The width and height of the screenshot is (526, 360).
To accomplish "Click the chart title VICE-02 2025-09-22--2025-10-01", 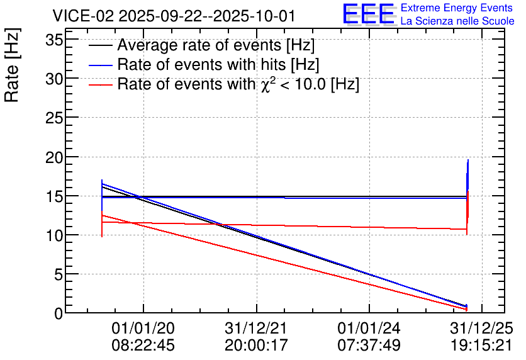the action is (x=174, y=16).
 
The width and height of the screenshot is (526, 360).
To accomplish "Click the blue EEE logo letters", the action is (x=369, y=14).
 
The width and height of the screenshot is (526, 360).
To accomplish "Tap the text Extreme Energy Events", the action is (x=457, y=8).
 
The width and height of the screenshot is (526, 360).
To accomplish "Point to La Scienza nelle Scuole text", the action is (x=457, y=21).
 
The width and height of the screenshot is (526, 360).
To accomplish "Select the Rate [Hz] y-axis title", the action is (x=13, y=65).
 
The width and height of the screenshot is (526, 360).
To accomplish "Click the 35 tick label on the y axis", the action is (x=54, y=41).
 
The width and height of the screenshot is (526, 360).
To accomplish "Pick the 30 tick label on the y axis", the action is (x=54, y=79).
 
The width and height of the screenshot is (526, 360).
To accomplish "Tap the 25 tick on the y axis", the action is (x=54, y=118).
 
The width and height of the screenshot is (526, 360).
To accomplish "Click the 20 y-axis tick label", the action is (x=54, y=157).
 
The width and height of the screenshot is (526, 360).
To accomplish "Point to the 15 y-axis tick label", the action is (x=54, y=196).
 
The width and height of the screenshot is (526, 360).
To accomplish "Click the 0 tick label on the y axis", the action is (x=59, y=313).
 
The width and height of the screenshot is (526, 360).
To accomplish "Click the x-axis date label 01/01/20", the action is (x=143, y=328).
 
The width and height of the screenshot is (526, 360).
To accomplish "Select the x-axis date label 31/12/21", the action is (x=256, y=328).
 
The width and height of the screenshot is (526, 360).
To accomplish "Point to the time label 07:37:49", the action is (x=369, y=346).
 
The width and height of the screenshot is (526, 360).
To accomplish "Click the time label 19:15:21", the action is (x=481, y=346).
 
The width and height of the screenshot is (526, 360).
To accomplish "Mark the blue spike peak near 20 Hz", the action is (x=468, y=160).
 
